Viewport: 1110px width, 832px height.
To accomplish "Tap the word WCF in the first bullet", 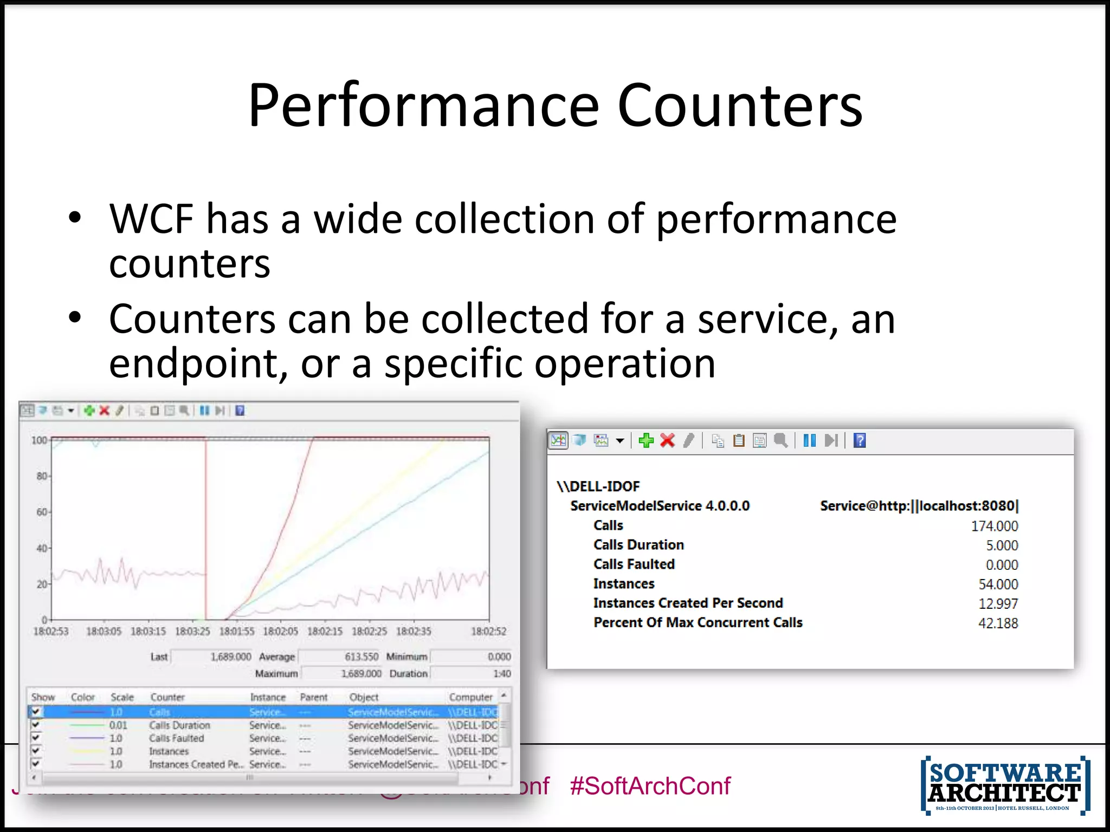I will [x=151, y=219].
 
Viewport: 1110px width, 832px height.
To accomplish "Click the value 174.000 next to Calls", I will [x=994, y=526].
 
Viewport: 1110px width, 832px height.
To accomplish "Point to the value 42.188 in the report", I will [x=997, y=623].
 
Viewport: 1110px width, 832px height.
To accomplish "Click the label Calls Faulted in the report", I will [x=634, y=564].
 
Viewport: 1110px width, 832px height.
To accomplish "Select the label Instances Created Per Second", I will [x=688, y=603].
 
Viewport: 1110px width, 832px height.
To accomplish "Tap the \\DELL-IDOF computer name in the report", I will [x=598, y=486].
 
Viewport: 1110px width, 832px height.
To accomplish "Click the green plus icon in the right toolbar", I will [x=646, y=441].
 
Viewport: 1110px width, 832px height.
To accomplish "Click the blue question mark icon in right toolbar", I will [x=859, y=441].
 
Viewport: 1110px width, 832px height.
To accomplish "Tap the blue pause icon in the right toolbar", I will [x=809, y=441].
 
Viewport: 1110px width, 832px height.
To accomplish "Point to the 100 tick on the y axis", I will [x=39, y=440].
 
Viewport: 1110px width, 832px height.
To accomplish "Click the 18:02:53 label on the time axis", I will [x=51, y=632].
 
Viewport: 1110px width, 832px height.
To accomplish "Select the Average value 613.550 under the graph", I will [x=362, y=657].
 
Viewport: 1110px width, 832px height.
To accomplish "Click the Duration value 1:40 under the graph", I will [x=502, y=674].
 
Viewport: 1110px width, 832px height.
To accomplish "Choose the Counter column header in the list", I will [x=167, y=698].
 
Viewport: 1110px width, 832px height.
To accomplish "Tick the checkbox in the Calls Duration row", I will [x=36, y=725].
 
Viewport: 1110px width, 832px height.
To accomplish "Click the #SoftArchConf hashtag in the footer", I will [x=650, y=786].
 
